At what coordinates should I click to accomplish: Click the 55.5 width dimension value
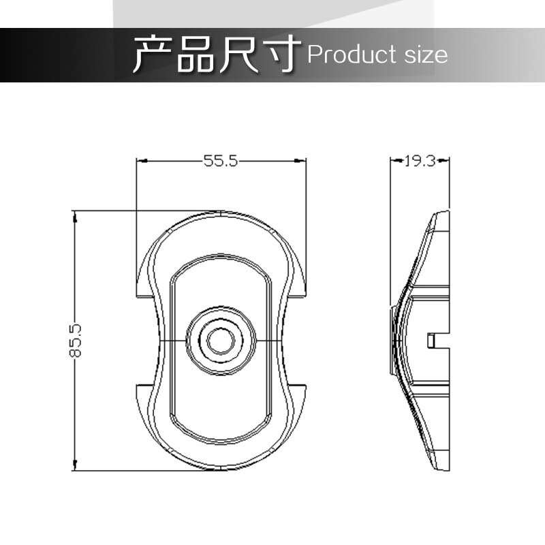pyautogui.click(x=220, y=161)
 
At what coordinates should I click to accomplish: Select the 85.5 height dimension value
pyautogui.click(x=75, y=341)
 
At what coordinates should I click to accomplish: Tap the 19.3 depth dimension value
pyautogui.click(x=420, y=161)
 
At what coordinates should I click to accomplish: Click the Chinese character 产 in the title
pyautogui.click(x=153, y=54)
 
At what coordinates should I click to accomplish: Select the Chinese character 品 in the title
pyautogui.click(x=195, y=54)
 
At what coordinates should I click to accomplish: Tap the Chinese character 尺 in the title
pyautogui.click(x=238, y=54)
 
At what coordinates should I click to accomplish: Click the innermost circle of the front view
pyautogui.click(x=208, y=341)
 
